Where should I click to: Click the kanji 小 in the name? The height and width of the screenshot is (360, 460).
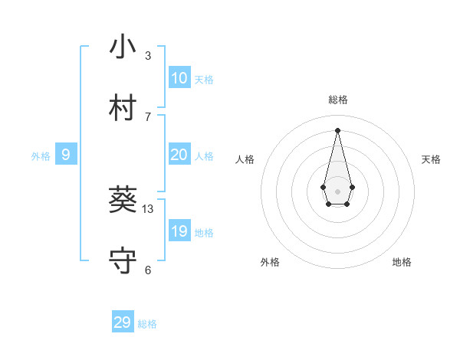(123, 47)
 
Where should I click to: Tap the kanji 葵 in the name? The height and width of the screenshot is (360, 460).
(123, 201)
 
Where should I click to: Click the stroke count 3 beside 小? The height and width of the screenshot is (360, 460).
(148, 56)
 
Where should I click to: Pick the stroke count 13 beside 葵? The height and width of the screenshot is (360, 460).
(148, 209)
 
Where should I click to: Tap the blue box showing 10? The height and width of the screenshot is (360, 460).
(179, 78)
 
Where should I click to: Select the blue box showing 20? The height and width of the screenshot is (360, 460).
(179, 155)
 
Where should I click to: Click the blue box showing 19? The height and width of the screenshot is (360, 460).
(179, 231)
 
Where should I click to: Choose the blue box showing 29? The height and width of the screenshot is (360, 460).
(123, 322)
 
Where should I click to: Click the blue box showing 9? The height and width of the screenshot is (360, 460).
(66, 155)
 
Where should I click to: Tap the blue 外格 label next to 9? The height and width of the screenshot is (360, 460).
(41, 156)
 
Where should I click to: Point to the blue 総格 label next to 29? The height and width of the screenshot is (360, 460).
(147, 324)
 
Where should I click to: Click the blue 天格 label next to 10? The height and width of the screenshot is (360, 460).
(204, 80)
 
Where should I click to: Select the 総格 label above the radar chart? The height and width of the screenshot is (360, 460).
(337, 100)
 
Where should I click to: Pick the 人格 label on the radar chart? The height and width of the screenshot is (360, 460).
(245, 159)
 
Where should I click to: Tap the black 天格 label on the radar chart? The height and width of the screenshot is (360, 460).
(431, 159)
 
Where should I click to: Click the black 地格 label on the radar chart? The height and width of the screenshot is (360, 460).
(402, 262)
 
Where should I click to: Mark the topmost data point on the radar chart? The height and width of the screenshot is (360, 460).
(337, 130)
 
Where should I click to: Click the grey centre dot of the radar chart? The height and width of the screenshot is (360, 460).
(337, 191)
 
